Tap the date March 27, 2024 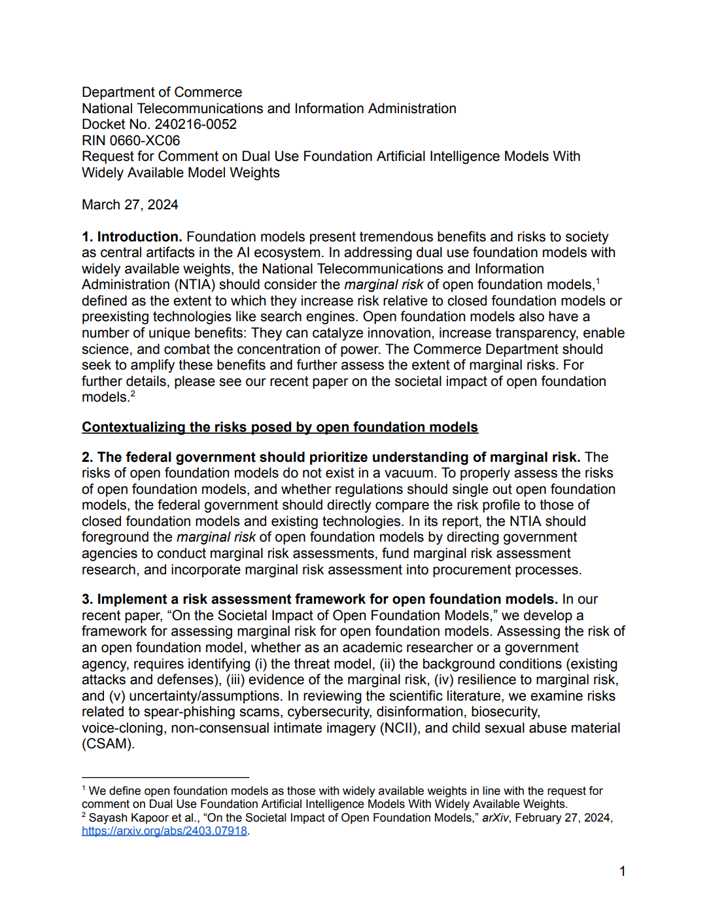[130, 205]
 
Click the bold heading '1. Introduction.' [131, 237]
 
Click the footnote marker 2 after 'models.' [133, 394]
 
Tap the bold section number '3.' [88, 599]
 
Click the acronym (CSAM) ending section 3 [107, 744]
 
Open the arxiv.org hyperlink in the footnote [164, 831]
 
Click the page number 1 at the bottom [623, 871]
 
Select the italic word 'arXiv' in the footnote [495, 818]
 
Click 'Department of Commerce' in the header [162, 92]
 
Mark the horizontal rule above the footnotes [165, 777]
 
